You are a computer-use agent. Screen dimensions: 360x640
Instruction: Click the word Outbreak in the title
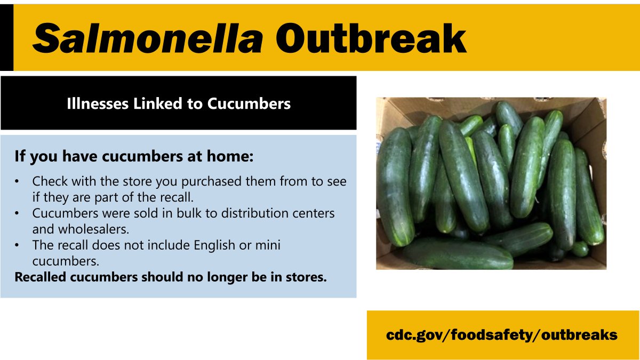371,38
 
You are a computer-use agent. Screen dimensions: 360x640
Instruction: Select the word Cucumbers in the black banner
249,103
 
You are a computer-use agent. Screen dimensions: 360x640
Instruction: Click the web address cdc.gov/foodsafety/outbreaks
502,335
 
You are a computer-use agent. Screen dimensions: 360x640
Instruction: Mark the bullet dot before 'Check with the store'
18,182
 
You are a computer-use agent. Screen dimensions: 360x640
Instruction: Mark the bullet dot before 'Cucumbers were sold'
18,213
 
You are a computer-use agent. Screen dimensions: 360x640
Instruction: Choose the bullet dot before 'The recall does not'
18,246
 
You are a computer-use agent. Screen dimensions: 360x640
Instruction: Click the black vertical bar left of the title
6,38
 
